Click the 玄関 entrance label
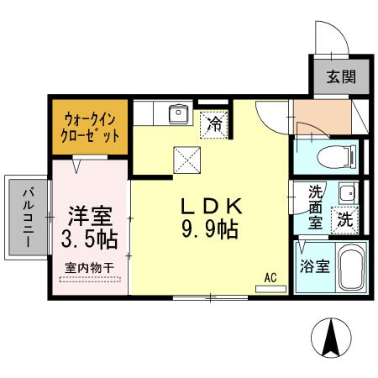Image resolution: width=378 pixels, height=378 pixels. coord(341,79)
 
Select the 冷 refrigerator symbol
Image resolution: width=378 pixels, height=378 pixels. coord(215,126)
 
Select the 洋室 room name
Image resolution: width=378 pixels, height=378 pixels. coord(88,214)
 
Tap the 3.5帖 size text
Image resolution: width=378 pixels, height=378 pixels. coord(88,238)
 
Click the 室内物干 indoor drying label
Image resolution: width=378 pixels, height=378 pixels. coord(88,270)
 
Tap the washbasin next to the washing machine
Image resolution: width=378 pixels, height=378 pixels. coord(346,194)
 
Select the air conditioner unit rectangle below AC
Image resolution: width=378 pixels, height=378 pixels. coord(270,288)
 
